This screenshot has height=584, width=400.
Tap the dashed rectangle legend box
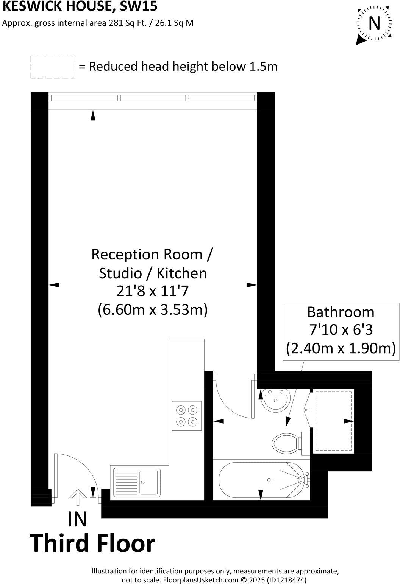(x=53, y=67)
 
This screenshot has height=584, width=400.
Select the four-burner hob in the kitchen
(x=187, y=415)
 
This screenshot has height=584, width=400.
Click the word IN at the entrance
(x=77, y=519)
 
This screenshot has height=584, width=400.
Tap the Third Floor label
(x=92, y=544)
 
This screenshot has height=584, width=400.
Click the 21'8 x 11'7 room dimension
(x=152, y=292)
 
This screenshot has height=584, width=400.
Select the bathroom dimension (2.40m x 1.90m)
(x=341, y=348)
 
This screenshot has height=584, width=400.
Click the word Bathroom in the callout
(x=341, y=312)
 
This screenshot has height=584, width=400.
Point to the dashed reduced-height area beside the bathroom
(x=333, y=421)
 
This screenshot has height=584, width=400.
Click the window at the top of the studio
(x=153, y=98)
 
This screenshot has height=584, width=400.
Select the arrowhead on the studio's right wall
(x=252, y=285)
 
